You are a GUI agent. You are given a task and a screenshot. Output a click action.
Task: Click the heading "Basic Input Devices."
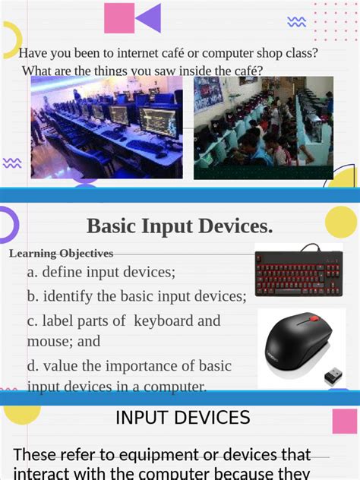pos(179,226)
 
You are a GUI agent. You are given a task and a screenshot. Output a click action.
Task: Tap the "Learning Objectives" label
pos(62,254)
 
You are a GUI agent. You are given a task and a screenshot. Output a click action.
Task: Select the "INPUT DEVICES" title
pos(182,417)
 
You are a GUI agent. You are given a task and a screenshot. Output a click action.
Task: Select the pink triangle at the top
pos(118,18)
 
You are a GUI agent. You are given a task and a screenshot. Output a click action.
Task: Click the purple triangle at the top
pos(148,18)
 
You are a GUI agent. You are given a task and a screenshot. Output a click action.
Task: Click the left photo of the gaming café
pos(106,127)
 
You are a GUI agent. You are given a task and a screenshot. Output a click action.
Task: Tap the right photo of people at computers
pos(263,127)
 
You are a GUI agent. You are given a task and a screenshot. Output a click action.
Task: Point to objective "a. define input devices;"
pos(101,272)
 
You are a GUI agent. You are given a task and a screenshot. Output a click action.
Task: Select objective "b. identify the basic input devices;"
pos(137,295)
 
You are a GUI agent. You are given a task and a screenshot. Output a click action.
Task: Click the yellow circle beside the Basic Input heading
pos(340,222)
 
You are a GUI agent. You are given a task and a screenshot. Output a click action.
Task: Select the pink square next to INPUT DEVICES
pos(344,421)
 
